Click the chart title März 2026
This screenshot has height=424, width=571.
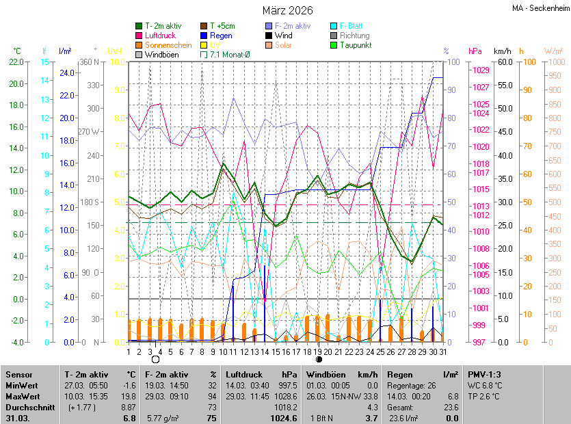[288, 10]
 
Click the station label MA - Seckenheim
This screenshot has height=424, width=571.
[540, 8]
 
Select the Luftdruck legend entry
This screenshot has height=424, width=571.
[160, 36]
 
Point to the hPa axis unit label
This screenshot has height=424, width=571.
[475, 51]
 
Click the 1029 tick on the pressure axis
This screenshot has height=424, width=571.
[481, 70]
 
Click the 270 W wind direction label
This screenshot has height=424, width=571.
[90, 131]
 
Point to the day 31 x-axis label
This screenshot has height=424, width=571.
[442, 352]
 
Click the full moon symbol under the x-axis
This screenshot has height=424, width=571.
[155, 359]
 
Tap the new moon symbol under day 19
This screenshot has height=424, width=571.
[319, 359]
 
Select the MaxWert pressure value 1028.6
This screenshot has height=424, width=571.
[284, 397]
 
